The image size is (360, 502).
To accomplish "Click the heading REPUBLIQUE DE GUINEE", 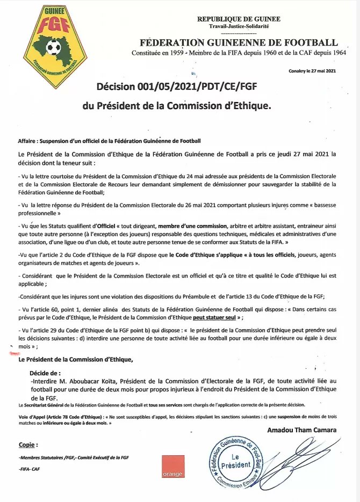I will (x=239, y=19).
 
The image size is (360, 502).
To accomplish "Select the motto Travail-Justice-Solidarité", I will (x=239, y=26).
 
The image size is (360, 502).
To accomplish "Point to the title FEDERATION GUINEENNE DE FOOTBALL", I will (x=239, y=42).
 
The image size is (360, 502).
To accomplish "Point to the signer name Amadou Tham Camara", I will (x=302, y=430).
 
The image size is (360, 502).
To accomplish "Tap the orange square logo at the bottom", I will (x=172, y=467).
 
